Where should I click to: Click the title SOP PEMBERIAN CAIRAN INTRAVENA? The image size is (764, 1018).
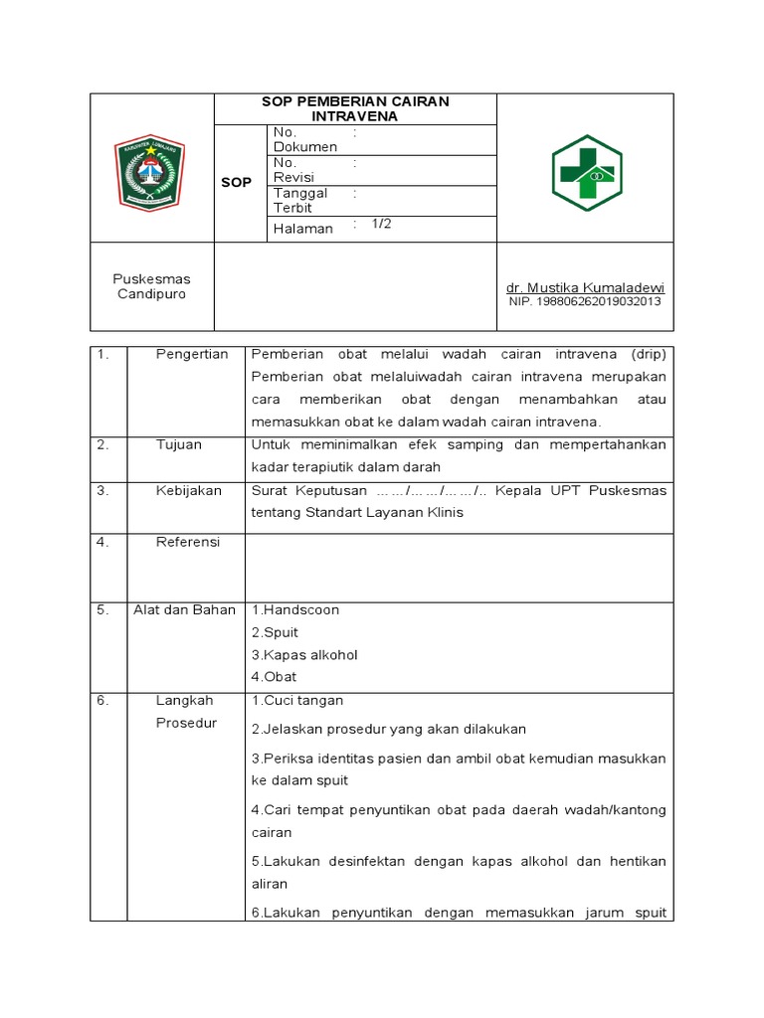(x=354, y=108)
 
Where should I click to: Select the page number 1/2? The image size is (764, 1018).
(x=382, y=225)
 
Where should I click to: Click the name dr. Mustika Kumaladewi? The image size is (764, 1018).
(x=585, y=287)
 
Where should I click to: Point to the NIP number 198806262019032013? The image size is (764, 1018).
(x=585, y=301)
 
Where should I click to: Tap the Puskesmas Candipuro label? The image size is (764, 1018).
(x=151, y=286)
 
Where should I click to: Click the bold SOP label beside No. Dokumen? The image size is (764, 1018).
(x=236, y=183)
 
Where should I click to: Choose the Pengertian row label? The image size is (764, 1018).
(x=192, y=354)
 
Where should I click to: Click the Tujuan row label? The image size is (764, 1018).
(x=179, y=444)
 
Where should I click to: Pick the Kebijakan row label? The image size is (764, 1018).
(x=188, y=490)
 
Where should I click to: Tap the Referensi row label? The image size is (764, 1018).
(x=188, y=542)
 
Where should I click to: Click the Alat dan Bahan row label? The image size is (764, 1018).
(x=184, y=609)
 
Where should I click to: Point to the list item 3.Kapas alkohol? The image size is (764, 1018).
(x=303, y=654)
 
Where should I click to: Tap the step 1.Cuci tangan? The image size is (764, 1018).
(x=296, y=700)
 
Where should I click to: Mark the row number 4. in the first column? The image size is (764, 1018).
(x=102, y=542)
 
